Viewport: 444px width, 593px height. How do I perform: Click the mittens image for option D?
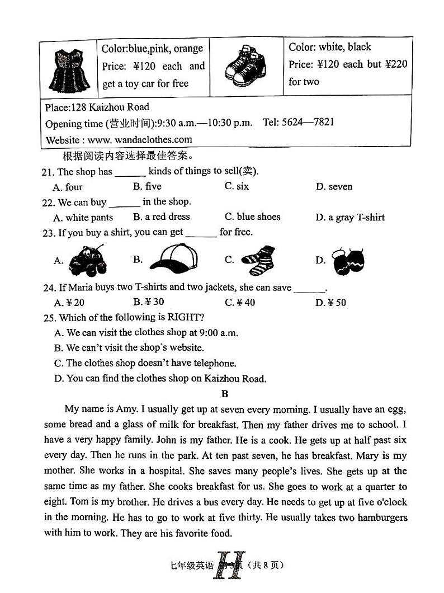pyautogui.click(x=349, y=261)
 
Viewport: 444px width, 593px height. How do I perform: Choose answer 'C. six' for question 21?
pyautogui.click(x=237, y=187)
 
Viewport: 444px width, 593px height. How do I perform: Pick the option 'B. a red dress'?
pyautogui.click(x=162, y=217)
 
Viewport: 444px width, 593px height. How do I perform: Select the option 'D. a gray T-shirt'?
pyautogui.click(x=350, y=218)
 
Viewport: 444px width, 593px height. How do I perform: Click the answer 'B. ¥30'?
pyautogui.click(x=149, y=303)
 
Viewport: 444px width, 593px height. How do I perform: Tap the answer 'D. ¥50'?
pyautogui.click(x=331, y=303)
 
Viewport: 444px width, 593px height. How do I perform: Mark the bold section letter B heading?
pyautogui.click(x=225, y=394)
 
